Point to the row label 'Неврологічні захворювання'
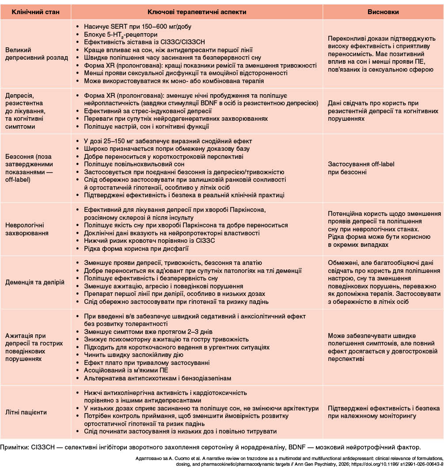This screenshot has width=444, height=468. click(x=27, y=229)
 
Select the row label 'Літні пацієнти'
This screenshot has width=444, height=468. click(x=26, y=412)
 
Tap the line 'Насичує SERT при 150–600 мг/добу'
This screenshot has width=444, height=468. click(x=129, y=27)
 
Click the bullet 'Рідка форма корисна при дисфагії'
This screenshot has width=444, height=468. click(x=133, y=249)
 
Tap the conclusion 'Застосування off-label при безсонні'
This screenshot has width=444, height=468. click(x=361, y=168)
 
